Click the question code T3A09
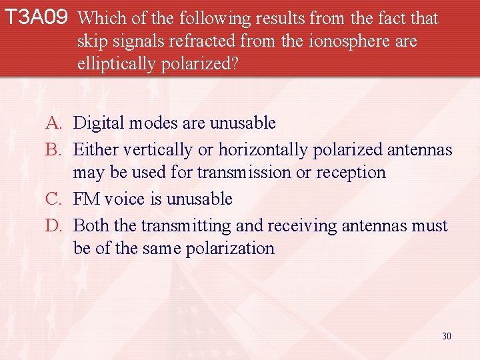[x=36, y=18]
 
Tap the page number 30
[x=446, y=336]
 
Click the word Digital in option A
[x=98, y=123]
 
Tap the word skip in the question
[x=91, y=41]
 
